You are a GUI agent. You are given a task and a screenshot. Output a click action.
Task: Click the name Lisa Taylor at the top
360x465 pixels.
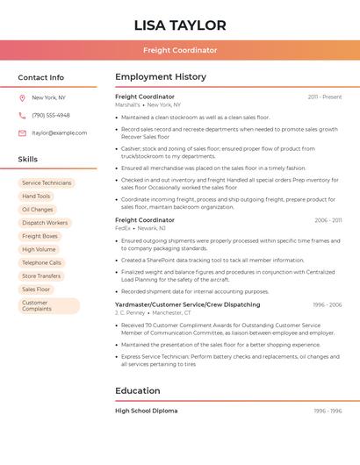click(180, 25)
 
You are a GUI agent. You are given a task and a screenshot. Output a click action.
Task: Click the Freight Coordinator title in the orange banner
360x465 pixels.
click(180, 51)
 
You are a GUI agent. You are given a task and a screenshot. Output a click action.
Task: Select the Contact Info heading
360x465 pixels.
click(41, 77)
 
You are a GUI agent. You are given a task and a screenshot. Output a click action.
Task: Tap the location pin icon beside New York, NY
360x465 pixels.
click(22, 97)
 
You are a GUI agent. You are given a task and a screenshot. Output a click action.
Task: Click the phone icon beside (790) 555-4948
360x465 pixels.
click(22, 115)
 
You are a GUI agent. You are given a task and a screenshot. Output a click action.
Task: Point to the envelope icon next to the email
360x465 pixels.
click(22, 132)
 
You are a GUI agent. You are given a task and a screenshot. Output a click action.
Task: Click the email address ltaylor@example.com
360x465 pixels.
click(59, 132)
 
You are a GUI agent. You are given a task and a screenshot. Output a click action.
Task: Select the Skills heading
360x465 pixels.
click(28, 159)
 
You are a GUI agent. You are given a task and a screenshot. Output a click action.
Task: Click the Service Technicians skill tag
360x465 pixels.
click(47, 182)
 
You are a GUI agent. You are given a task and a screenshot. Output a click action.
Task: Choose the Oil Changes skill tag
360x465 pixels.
click(38, 210)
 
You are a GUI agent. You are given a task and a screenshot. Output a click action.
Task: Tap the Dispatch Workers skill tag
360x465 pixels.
click(45, 223)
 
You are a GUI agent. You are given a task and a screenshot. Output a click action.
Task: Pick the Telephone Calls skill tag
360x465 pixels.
click(42, 262)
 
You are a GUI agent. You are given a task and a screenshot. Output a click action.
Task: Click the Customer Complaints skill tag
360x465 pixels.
click(37, 305)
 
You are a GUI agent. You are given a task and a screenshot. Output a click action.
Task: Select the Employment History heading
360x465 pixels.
click(161, 77)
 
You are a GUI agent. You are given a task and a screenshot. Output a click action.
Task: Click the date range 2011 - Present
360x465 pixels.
click(324, 97)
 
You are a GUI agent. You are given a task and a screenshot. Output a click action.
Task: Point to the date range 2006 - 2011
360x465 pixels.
click(328, 220)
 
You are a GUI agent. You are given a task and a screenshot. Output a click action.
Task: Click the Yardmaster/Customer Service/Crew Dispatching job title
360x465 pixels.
click(187, 304)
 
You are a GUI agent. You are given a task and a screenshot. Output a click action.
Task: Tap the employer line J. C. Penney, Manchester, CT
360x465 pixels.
click(153, 312)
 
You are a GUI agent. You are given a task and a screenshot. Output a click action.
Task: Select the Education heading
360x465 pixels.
click(137, 390)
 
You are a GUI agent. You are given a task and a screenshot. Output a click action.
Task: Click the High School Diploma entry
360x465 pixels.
click(146, 411)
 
